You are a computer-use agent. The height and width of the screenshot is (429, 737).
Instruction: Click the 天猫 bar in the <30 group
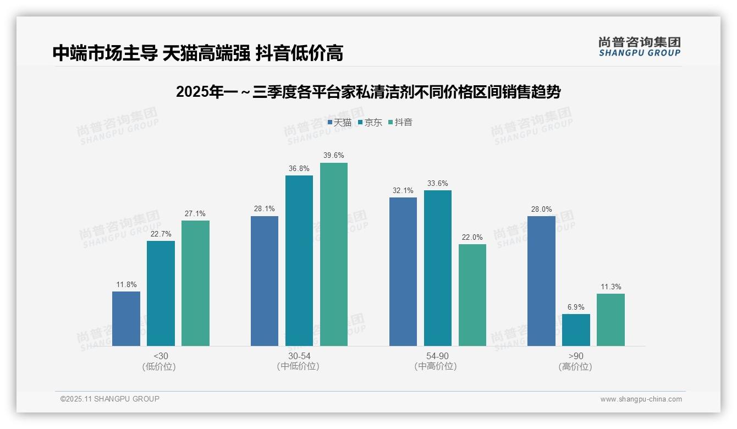click(x=126, y=318)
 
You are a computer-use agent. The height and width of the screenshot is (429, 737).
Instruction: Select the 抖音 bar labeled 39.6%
click(x=334, y=254)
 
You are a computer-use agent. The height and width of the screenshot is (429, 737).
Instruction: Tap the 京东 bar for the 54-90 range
click(x=438, y=268)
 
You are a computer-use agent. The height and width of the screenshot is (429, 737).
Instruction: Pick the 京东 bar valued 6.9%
click(x=576, y=330)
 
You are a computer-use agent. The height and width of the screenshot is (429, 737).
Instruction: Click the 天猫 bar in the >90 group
click(x=541, y=281)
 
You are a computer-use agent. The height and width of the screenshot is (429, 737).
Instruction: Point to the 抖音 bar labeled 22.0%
click(x=472, y=295)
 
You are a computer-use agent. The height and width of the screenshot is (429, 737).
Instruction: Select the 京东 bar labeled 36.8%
click(x=299, y=261)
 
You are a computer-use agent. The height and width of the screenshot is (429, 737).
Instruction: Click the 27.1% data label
click(x=195, y=214)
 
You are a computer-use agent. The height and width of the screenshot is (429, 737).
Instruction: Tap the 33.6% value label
click(x=438, y=184)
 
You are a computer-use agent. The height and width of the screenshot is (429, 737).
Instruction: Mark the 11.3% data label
click(x=610, y=287)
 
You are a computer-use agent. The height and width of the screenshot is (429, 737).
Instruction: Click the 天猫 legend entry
click(x=339, y=122)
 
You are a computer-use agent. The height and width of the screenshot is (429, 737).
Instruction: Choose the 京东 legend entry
click(x=370, y=122)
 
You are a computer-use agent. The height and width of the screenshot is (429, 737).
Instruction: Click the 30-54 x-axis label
click(x=299, y=356)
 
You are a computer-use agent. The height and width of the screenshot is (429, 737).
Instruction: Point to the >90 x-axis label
click(x=576, y=356)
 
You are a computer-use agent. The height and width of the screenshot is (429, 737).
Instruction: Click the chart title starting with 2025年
click(x=368, y=92)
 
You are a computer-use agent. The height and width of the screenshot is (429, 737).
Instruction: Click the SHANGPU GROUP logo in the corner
click(x=639, y=47)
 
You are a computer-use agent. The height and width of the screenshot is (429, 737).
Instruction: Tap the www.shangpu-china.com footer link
click(x=641, y=399)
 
